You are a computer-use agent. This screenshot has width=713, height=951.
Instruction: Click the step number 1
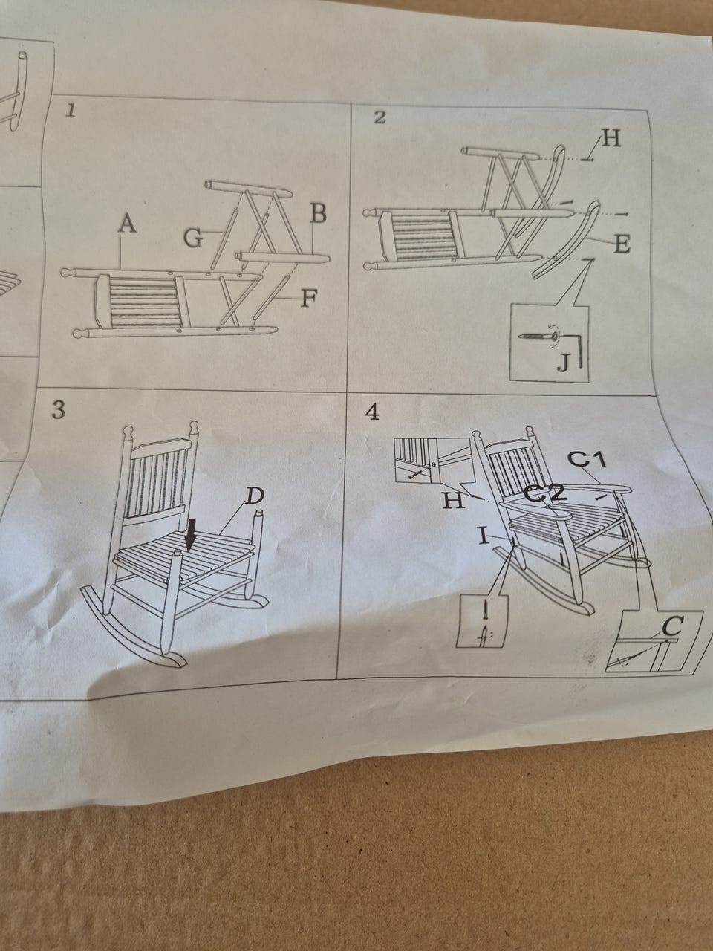(71, 111)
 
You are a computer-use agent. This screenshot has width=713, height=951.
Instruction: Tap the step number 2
(380, 117)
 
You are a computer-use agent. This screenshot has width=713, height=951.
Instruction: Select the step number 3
(59, 410)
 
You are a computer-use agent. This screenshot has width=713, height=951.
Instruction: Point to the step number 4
(372, 413)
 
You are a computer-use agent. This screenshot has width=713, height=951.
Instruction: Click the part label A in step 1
(127, 224)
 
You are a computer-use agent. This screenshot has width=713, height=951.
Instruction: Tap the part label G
(193, 238)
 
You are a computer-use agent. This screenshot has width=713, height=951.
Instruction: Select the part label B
(318, 213)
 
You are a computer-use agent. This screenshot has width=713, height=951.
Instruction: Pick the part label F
(310, 299)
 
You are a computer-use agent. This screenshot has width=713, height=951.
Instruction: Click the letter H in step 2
(611, 139)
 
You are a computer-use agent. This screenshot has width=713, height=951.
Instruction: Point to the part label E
(622, 244)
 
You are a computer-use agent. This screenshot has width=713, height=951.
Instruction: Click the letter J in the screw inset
(563, 363)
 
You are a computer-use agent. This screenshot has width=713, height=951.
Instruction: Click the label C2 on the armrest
(544, 493)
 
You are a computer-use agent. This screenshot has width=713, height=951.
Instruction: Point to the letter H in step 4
(453, 501)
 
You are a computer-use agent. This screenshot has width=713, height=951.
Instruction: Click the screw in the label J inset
(538, 336)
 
